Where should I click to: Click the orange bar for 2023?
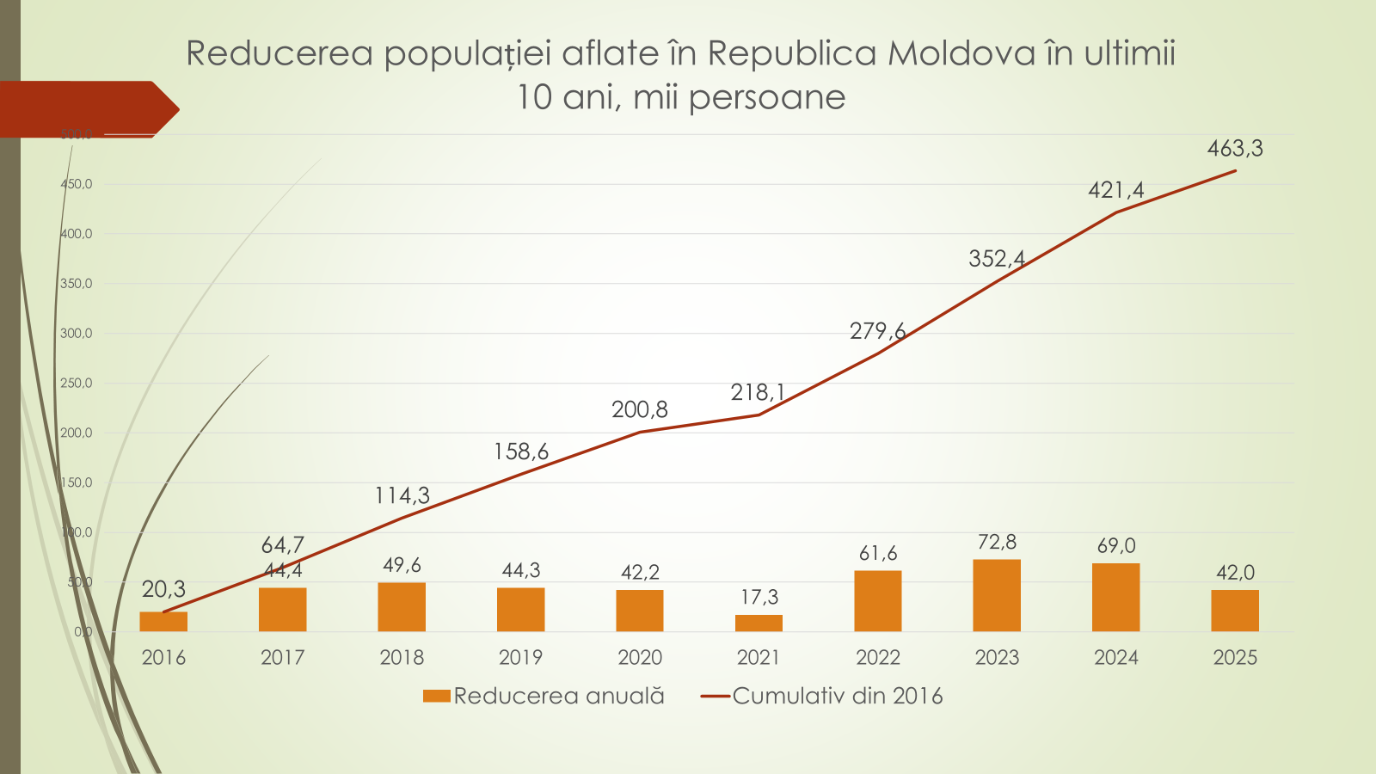tap(997, 595)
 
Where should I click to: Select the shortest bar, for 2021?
tap(759, 623)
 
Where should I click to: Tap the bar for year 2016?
tap(163, 621)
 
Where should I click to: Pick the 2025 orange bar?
tap(1235, 610)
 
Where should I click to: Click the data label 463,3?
tap(1235, 149)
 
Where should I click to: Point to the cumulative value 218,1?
tap(758, 393)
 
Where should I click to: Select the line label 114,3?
tap(402, 495)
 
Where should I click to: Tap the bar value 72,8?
tap(997, 542)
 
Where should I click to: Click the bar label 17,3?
tap(759, 597)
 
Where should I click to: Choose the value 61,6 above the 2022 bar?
tap(878, 553)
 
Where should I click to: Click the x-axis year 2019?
tap(520, 658)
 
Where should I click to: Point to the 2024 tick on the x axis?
tap(1115, 658)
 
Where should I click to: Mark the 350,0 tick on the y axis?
tap(77, 284)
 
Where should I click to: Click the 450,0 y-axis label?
tap(77, 184)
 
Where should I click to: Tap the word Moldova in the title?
tap(961, 53)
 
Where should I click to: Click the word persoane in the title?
tap(766, 97)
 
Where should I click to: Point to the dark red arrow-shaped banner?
tap(86, 109)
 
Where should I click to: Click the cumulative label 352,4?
tap(997, 259)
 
